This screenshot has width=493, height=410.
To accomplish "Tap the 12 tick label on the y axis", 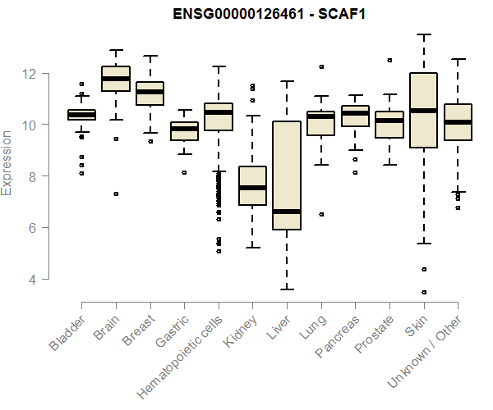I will click(30, 73).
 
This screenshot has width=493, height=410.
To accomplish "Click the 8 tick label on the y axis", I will click(30, 176).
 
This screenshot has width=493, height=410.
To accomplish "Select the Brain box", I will click(116, 78).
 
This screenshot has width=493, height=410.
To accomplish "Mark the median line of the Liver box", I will click(287, 211).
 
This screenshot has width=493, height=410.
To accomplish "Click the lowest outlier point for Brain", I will click(116, 194).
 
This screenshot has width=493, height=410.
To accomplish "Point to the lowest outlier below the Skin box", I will click(424, 292).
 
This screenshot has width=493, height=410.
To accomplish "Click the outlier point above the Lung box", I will click(321, 66).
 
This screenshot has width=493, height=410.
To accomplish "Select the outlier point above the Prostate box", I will click(389, 60).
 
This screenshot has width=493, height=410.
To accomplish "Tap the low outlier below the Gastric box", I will click(184, 172).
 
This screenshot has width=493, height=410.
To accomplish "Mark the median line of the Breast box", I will click(150, 92).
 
